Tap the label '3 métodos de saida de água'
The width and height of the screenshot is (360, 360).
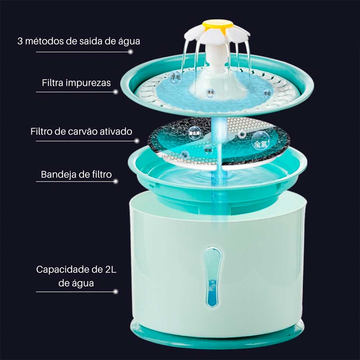pyautogui.click(x=79, y=41)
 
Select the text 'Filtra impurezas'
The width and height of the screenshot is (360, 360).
pyautogui.click(x=76, y=83)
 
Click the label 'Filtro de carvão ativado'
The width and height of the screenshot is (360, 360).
pyautogui.click(x=81, y=131)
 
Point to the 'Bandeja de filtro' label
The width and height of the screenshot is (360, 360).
pyautogui.click(x=76, y=175)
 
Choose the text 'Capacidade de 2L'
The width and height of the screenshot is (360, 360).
pyautogui.click(x=76, y=270)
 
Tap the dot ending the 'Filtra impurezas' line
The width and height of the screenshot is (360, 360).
pyautogui.click(x=116, y=92)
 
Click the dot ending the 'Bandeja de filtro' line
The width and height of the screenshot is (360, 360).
pyautogui.click(x=116, y=181)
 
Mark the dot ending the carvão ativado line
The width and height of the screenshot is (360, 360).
pyautogui.click(x=136, y=141)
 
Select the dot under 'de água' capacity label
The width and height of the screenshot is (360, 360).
pyautogui.click(x=116, y=292)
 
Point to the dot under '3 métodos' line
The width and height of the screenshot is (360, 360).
pyautogui.click(x=131, y=52)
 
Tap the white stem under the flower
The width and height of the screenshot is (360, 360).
pyautogui.click(x=217, y=58)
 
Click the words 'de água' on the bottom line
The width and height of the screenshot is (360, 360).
pyautogui.click(x=76, y=283)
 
